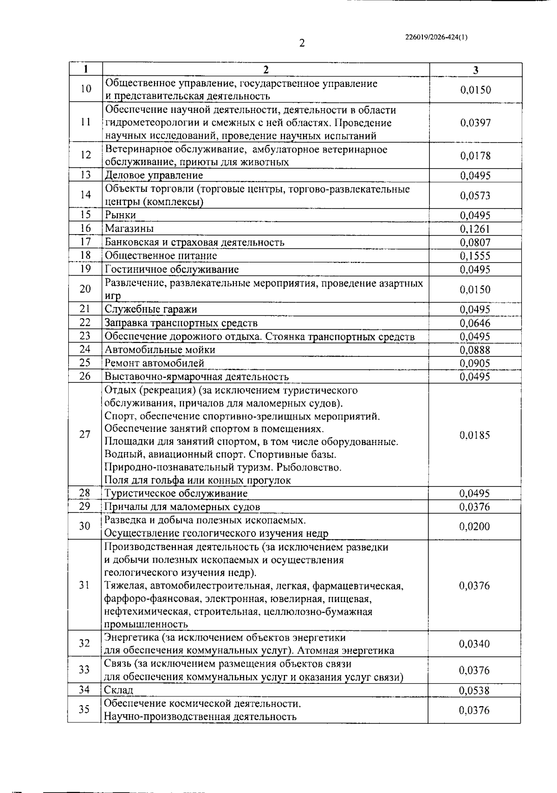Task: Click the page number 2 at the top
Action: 302,44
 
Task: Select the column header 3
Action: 475,70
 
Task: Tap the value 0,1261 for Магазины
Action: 475,229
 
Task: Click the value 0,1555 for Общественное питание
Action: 475,256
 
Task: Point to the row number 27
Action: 85,435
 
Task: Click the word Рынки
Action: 120,215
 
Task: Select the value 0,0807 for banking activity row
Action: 475,242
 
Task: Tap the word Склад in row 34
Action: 118,690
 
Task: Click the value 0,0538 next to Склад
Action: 474,690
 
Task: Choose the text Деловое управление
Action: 154,176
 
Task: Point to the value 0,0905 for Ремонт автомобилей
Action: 475,363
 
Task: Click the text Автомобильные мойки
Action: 160,350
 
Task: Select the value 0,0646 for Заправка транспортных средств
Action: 475,323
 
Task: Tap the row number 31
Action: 84,585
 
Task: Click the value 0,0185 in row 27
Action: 475,435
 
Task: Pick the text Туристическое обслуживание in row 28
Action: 176,493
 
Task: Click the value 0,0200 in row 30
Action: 474,526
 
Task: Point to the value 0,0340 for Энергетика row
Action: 474,644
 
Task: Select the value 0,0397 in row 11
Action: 475,123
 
